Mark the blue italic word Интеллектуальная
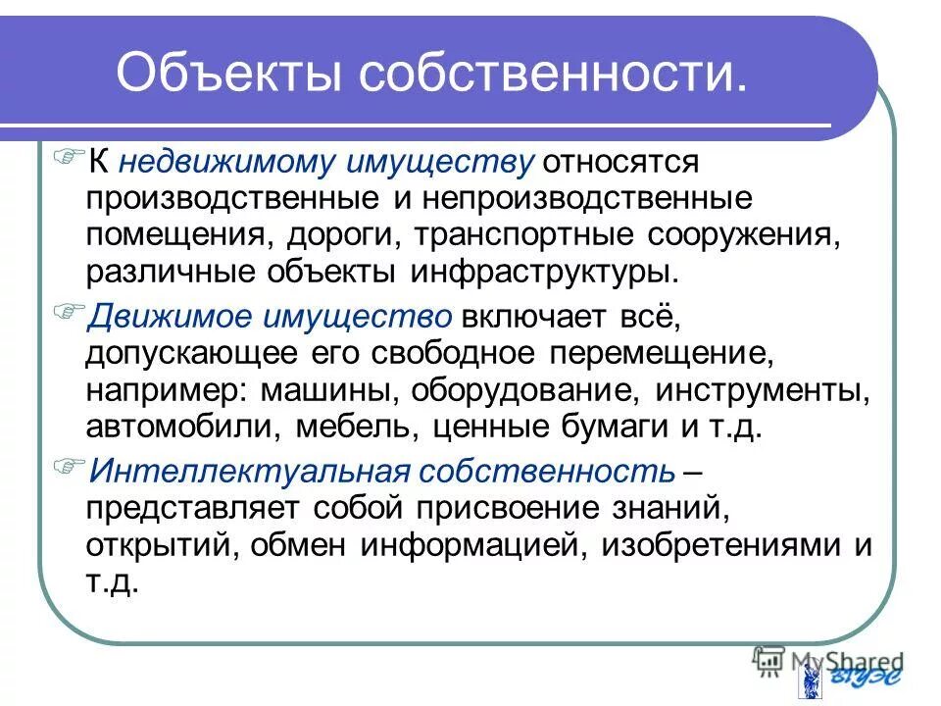[x=249, y=472]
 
